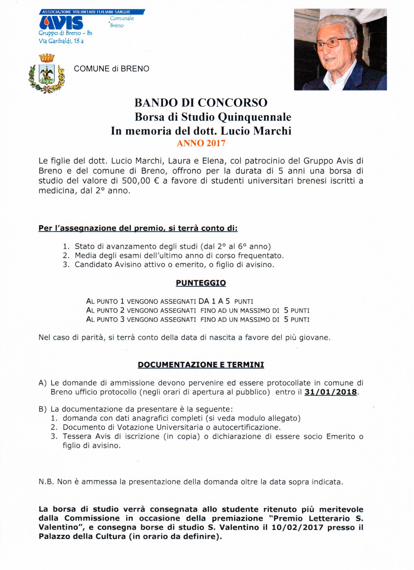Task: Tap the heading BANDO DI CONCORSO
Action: click(201, 103)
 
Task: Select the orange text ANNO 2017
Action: click(201, 143)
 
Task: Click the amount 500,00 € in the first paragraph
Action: click(140, 181)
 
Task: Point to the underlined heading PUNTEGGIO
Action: click(201, 283)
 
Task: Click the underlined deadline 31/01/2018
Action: click(330, 392)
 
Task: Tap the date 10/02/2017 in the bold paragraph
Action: click(297, 527)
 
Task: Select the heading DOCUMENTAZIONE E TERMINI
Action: click(201, 365)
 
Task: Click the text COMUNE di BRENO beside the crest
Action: click(112, 69)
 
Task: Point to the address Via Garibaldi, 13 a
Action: click(61, 41)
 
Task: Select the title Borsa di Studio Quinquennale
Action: click(213, 117)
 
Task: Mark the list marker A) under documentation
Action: click(43, 383)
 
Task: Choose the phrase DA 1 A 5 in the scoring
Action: click(214, 301)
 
